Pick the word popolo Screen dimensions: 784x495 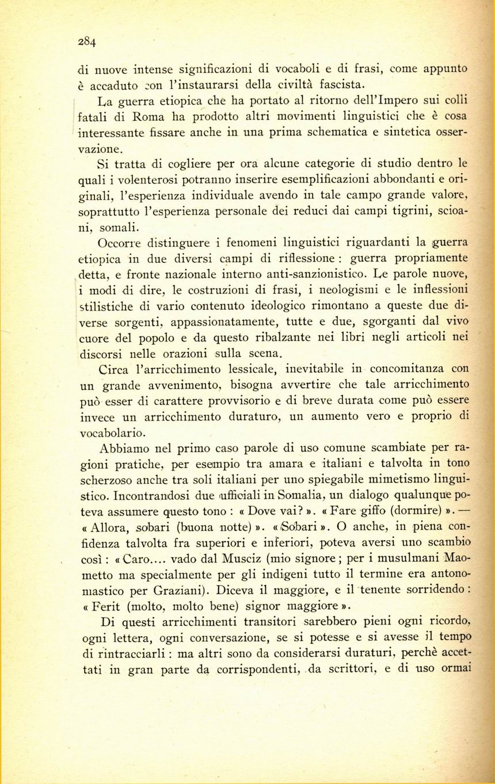point(154,336)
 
